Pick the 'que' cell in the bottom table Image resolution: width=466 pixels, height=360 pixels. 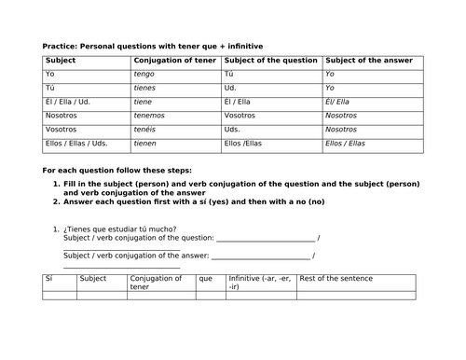point(206,278)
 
